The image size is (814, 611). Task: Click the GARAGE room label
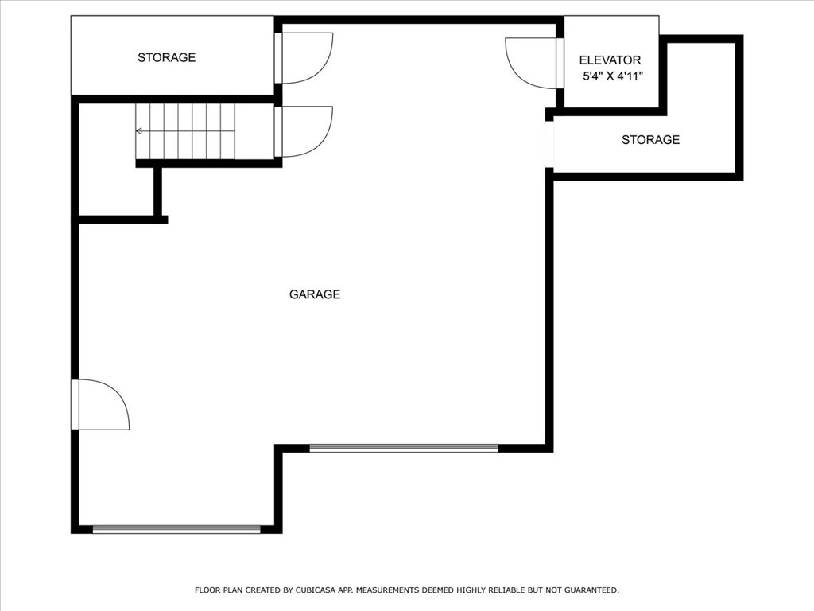click(x=315, y=294)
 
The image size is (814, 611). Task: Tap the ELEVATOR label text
click(x=610, y=60)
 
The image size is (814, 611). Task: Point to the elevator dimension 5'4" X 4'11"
click(x=613, y=76)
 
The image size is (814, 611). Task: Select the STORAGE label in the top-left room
click(x=167, y=57)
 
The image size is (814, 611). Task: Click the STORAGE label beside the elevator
click(x=650, y=140)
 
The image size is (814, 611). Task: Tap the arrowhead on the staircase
click(x=138, y=131)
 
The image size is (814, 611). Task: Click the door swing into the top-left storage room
click(x=304, y=58)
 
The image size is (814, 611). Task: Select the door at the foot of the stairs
click(x=304, y=131)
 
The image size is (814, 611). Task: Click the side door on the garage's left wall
click(x=100, y=405)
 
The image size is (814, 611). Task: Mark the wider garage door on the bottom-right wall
click(x=404, y=449)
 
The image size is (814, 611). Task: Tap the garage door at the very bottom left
click(x=176, y=529)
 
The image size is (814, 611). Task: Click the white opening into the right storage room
click(x=549, y=145)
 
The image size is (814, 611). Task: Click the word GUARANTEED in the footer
click(x=591, y=590)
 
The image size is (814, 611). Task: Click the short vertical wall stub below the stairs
click(x=158, y=191)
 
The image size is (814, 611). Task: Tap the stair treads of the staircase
click(x=185, y=131)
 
